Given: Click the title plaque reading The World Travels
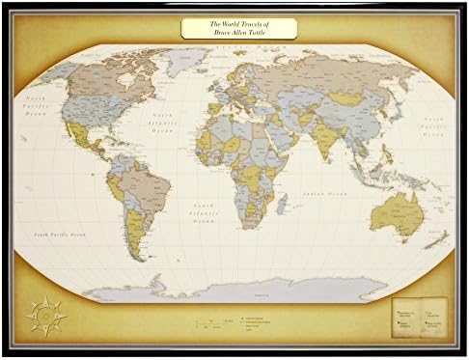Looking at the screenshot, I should click(x=238, y=28).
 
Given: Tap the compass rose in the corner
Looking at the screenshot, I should click(x=45, y=314).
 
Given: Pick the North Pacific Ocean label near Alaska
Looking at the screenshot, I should click(x=38, y=105).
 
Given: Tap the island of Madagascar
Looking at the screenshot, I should click(x=281, y=204).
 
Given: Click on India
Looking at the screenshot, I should click(x=326, y=140).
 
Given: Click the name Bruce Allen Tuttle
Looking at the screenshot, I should click(x=238, y=33).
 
